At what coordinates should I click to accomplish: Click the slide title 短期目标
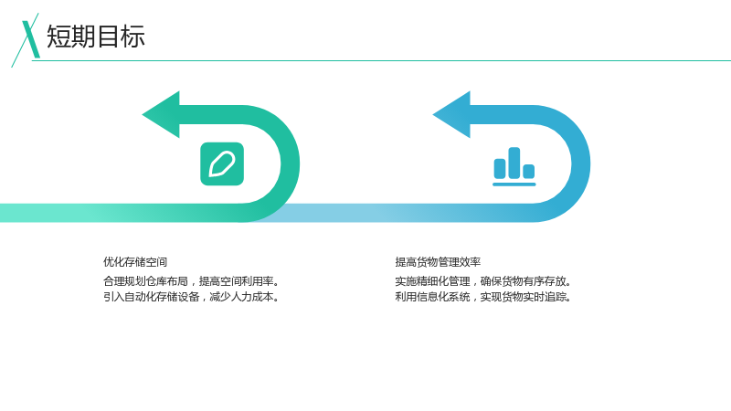click(x=96, y=37)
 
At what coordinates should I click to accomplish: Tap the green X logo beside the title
click(x=26, y=40)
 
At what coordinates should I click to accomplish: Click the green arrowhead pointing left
click(x=161, y=115)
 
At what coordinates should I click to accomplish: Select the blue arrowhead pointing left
click(x=451, y=115)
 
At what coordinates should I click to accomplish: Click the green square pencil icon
click(x=222, y=164)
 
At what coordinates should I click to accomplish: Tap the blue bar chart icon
click(x=514, y=166)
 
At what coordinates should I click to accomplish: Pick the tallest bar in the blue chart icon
click(x=514, y=163)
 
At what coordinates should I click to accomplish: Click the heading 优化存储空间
click(x=135, y=262)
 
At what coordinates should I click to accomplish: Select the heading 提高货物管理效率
click(x=438, y=262)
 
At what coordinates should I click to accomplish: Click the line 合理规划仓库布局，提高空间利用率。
click(x=192, y=281)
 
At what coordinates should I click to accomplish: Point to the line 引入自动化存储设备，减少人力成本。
click(x=192, y=297)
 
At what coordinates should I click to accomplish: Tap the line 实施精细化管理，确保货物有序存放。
click(x=483, y=281)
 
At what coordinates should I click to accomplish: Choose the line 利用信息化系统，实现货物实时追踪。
click(x=483, y=297)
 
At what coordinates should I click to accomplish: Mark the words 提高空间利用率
click(x=236, y=281)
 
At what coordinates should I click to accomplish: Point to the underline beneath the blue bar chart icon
click(x=514, y=184)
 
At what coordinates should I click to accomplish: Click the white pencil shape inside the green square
click(x=222, y=164)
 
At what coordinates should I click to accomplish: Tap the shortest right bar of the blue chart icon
click(x=529, y=172)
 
